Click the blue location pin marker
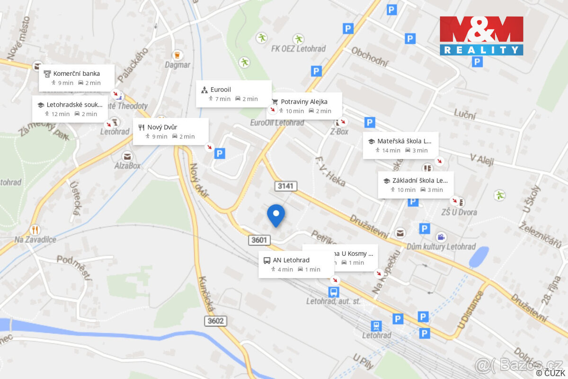point(276,215)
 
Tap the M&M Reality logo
point(481,36)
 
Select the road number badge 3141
point(286,186)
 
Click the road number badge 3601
point(259,240)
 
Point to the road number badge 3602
point(216,321)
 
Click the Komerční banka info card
point(77,78)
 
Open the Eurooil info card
point(233,94)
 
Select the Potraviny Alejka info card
point(306,106)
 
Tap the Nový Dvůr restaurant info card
point(170,131)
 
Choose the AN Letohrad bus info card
point(296,264)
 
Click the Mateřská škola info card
point(400,145)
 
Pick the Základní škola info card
point(416,184)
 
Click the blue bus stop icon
point(334,292)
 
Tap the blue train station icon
point(376,325)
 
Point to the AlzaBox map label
point(127,166)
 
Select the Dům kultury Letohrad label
point(441,246)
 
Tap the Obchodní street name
point(370,56)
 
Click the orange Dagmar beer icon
point(177,55)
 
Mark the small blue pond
point(479,257)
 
